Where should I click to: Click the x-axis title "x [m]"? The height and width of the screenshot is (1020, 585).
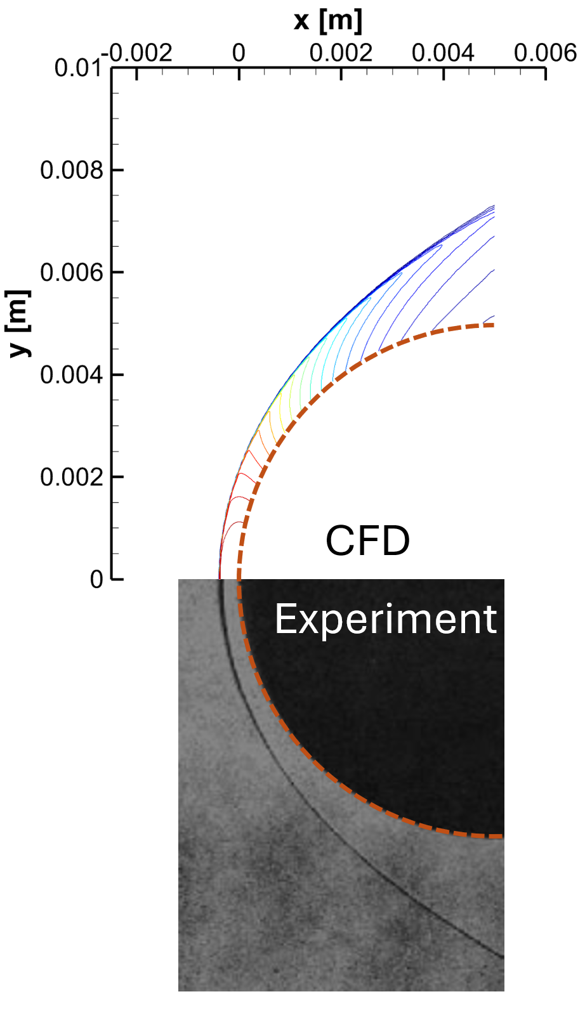328,21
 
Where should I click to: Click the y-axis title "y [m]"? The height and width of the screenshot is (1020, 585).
19,323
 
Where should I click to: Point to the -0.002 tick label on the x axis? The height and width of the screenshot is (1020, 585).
140,53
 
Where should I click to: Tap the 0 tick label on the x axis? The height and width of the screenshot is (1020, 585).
239,53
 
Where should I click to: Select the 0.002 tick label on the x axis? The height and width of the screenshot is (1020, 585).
341,53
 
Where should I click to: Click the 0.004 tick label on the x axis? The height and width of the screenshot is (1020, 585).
443,53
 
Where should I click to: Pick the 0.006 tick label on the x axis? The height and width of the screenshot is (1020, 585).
545,53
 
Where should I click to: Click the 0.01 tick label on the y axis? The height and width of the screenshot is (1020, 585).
77,68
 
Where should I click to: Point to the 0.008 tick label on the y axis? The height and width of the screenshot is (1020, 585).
71,170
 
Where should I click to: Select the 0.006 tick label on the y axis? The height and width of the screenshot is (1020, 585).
71,272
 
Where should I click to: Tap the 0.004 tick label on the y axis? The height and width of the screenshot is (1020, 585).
71,374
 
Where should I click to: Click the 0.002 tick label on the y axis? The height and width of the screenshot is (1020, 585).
71,476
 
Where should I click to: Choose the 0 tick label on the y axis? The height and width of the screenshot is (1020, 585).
96,579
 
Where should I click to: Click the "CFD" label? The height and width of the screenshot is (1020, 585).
367,541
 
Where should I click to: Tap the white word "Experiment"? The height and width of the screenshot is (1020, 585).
385,619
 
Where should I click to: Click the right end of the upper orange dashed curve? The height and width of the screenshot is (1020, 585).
493,325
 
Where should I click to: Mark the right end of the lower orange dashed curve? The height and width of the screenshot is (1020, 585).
501,837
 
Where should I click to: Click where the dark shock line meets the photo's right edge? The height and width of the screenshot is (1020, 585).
503,957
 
